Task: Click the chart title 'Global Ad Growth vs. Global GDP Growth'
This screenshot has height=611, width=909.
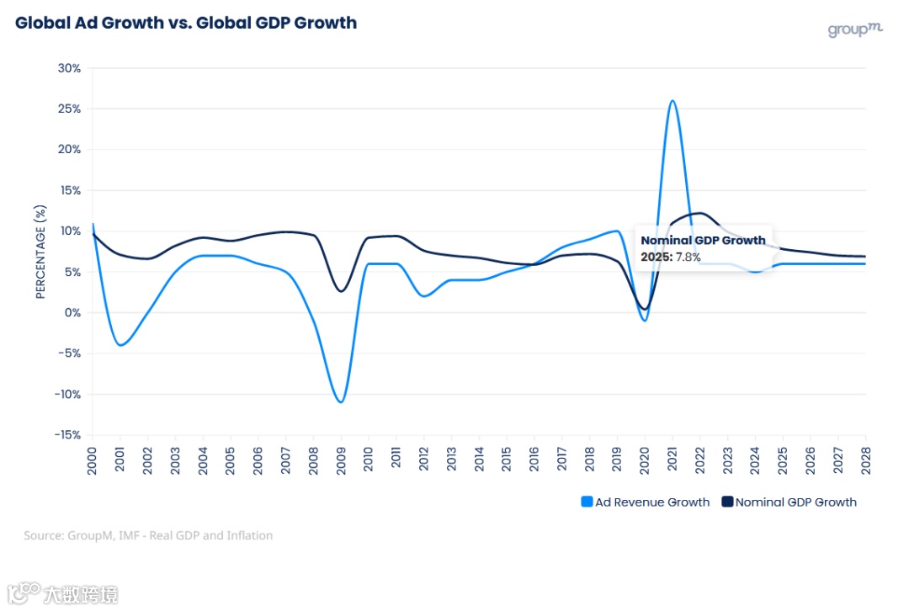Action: tap(186, 23)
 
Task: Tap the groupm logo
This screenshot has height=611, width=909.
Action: tap(854, 29)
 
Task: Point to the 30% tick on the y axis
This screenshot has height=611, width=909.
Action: tap(69, 68)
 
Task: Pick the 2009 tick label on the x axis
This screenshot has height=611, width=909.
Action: tap(341, 459)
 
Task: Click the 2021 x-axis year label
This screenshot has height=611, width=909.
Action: tap(672, 459)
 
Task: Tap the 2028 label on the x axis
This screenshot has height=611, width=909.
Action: tap(865, 459)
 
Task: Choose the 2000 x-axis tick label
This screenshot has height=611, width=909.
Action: tap(93, 459)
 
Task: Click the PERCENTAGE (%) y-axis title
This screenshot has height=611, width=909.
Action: tap(40, 252)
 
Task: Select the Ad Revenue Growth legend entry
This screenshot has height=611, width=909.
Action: tap(646, 502)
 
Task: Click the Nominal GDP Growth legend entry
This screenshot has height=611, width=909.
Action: tap(789, 502)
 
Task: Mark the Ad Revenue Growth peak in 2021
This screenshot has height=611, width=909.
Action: tap(672, 101)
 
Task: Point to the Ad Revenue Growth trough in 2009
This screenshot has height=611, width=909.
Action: tap(341, 402)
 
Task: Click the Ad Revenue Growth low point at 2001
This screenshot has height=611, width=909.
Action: tap(121, 345)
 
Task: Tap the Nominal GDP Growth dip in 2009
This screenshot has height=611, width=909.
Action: tap(341, 291)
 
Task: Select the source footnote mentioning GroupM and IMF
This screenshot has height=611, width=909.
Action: tap(148, 535)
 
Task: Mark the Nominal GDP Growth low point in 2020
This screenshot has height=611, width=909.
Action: tap(645, 309)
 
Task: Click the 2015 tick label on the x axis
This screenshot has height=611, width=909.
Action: tap(506, 459)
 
